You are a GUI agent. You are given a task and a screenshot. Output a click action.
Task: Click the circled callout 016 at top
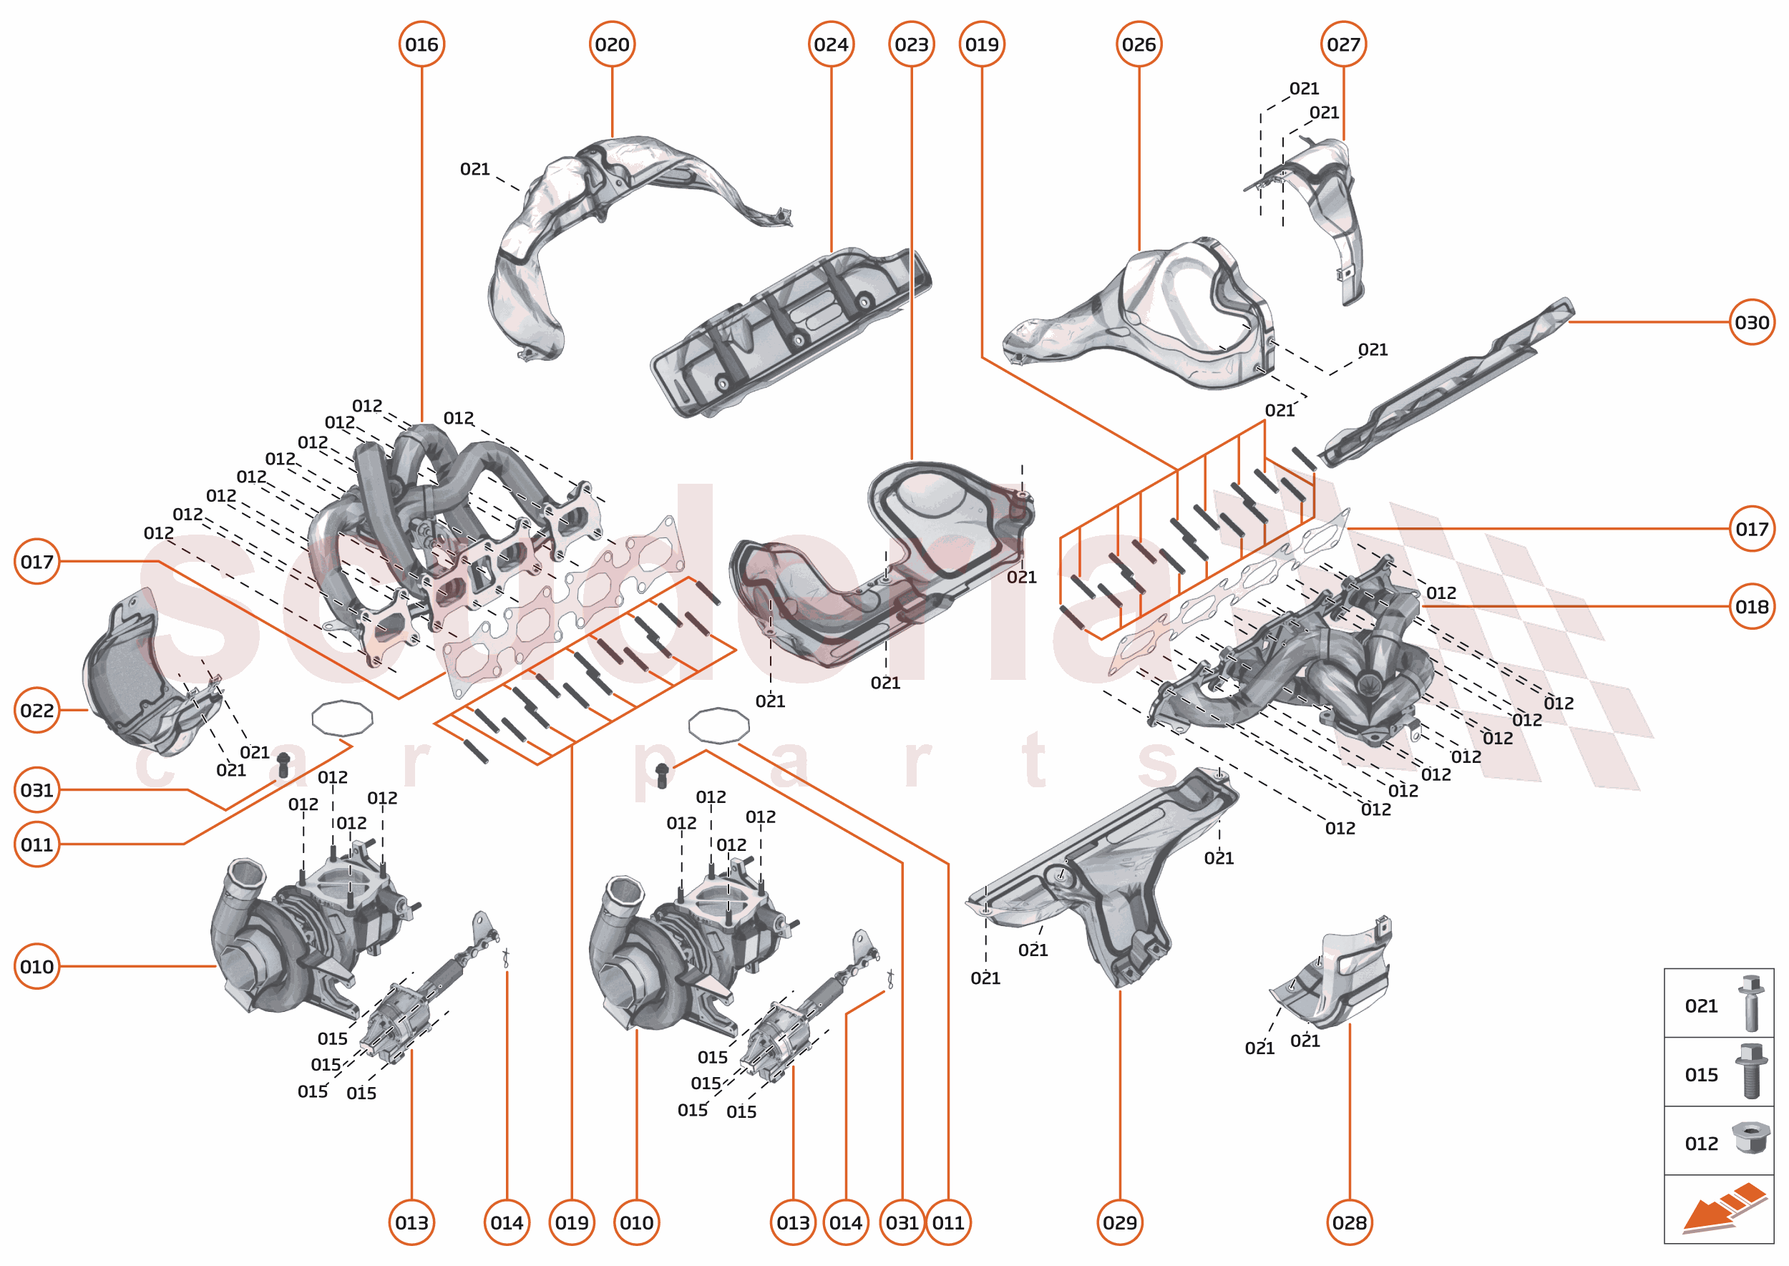pyautogui.click(x=421, y=44)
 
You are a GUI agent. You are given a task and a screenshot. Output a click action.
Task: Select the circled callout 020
pyautogui.click(x=612, y=44)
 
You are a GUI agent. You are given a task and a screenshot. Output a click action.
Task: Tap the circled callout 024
pyautogui.click(x=831, y=44)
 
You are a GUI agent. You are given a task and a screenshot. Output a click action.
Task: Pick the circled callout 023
pyautogui.click(x=911, y=44)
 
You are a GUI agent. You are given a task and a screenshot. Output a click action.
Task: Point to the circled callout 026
pyautogui.click(x=1139, y=44)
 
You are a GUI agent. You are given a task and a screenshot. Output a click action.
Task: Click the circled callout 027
pyautogui.click(x=1344, y=44)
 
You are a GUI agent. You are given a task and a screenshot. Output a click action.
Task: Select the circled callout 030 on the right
pyautogui.click(x=1752, y=322)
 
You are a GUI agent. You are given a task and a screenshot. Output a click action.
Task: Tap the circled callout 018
pyautogui.click(x=1752, y=606)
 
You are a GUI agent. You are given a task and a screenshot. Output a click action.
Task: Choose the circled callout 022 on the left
pyautogui.click(x=36, y=710)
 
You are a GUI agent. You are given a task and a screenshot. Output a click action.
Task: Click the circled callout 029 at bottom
pyautogui.click(x=1120, y=1222)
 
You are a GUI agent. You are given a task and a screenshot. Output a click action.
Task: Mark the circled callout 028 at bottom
pyautogui.click(x=1350, y=1222)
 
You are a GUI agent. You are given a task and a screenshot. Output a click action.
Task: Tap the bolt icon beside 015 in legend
pyautogui.click(x=1750, y=1072)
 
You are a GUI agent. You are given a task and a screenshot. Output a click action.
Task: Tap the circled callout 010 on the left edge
pyautogui.click(x=36, y=967)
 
